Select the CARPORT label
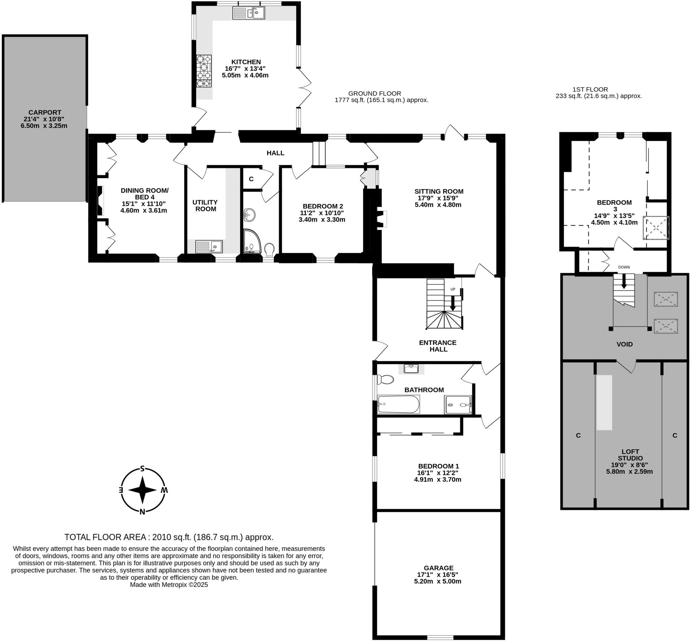pos(45,113)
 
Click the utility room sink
pos(209,246)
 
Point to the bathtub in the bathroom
pos(399,404)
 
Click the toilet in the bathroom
pos(386,379)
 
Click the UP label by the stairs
pos(452,289)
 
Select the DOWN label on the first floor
pos(624,267)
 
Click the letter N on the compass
pos(142,512)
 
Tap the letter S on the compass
pos(142,469)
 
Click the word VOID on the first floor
pos(624,344)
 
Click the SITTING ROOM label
pos(439,191)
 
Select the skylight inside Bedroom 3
pos(656,228)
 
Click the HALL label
pos(275,153)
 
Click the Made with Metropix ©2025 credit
pos(169,585)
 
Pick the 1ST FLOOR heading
pos(590,89)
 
